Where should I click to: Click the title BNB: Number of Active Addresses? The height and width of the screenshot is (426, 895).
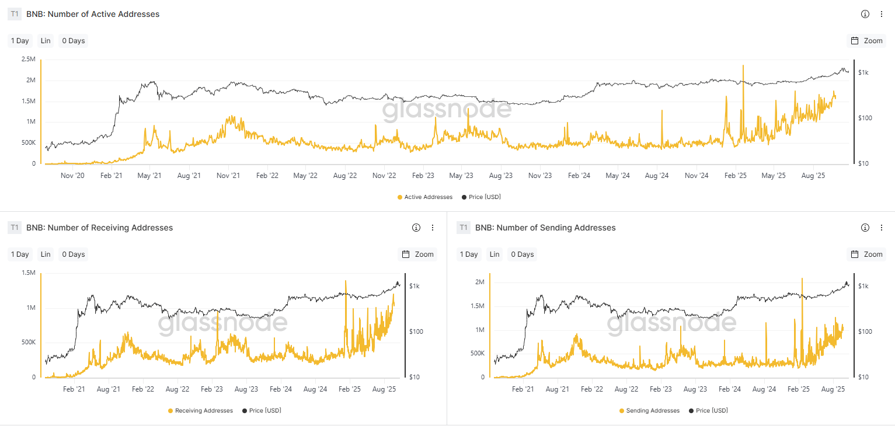pyautogui.click(x=93, y=14)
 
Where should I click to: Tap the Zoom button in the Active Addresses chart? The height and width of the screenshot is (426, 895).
pyautogui.click(x=866, y=41)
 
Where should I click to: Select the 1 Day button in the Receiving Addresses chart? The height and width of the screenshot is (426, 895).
pyautogui.click(x=20, y=254)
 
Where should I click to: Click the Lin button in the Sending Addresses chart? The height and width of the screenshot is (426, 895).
pyautogui.click(x=494, y=254)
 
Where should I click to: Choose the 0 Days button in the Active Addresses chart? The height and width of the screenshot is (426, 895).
pyautogui.click(x=74, y=41)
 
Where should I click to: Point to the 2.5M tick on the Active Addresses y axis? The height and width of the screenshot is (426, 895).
pyautogui.click(x=28, y=60)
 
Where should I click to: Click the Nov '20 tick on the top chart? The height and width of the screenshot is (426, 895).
pyautogui.click(x=72, y=176)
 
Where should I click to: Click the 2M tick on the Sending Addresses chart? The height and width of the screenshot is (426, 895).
pyautogui.click(x=479, y=282)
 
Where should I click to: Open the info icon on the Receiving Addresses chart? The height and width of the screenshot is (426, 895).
pyautogui.click(x=416, y=228)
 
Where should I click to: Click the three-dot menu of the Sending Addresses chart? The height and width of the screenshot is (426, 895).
pyautogui.click(x=882, y=228)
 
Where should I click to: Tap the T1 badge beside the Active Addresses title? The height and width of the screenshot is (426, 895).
pyautogui.click(x=15, y=14)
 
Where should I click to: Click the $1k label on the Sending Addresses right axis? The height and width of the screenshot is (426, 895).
pyautogui.click(x=865, y=286)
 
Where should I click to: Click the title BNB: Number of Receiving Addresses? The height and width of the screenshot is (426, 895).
pyautogui.click(x=99, y=228)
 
